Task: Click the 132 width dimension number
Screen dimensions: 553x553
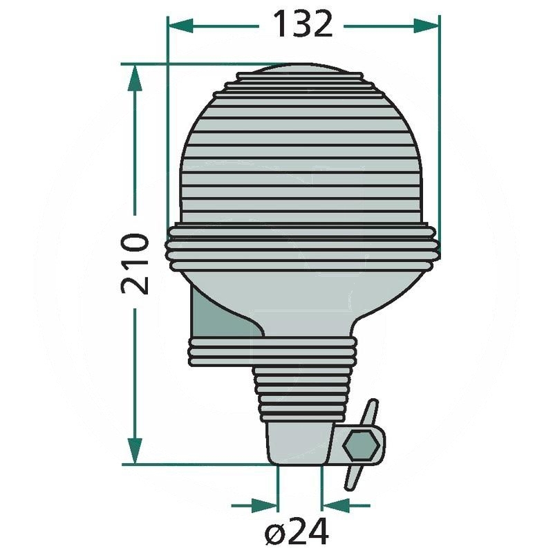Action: coord(303,24)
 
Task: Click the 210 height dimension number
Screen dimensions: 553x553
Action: coord(135,263)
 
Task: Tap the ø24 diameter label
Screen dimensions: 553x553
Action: coord(297,531)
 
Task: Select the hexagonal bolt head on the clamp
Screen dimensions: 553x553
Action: coord(360,445)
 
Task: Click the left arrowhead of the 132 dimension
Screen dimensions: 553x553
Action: coord(180,26)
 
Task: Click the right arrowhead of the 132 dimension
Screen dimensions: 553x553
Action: coord(426,26)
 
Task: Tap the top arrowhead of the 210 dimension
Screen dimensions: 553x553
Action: coord(135,77)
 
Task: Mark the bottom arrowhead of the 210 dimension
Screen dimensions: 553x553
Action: coord(135,451)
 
